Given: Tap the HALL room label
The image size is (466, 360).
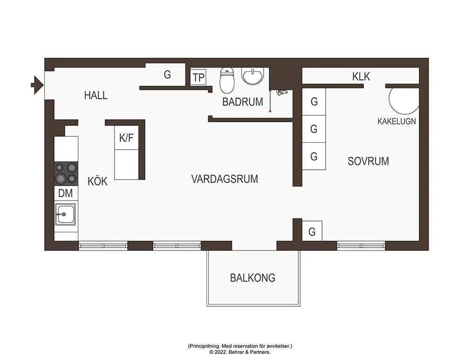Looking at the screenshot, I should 96,96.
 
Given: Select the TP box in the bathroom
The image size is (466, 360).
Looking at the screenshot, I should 199,77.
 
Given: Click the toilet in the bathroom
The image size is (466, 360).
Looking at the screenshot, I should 226,80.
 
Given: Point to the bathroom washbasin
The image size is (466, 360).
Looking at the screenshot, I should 253,76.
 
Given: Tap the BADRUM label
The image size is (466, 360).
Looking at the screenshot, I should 242,102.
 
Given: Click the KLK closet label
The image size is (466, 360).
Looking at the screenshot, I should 361,76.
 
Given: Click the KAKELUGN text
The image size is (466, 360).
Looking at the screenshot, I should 397,121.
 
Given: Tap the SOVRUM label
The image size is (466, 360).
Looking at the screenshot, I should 368,161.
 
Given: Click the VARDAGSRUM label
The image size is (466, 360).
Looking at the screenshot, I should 225,179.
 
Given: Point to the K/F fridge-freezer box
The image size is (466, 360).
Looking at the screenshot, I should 127,138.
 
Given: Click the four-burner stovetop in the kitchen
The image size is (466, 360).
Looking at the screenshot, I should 66,173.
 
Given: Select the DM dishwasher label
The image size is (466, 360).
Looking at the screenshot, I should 66,193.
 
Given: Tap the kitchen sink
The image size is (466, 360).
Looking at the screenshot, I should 66,215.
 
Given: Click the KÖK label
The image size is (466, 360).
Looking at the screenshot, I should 97,181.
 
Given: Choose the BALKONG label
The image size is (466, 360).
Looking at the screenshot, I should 253,278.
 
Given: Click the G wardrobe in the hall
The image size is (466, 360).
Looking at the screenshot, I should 167,75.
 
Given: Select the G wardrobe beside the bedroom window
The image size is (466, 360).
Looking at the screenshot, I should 312,231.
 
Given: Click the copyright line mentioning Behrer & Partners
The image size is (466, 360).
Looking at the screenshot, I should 240,352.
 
